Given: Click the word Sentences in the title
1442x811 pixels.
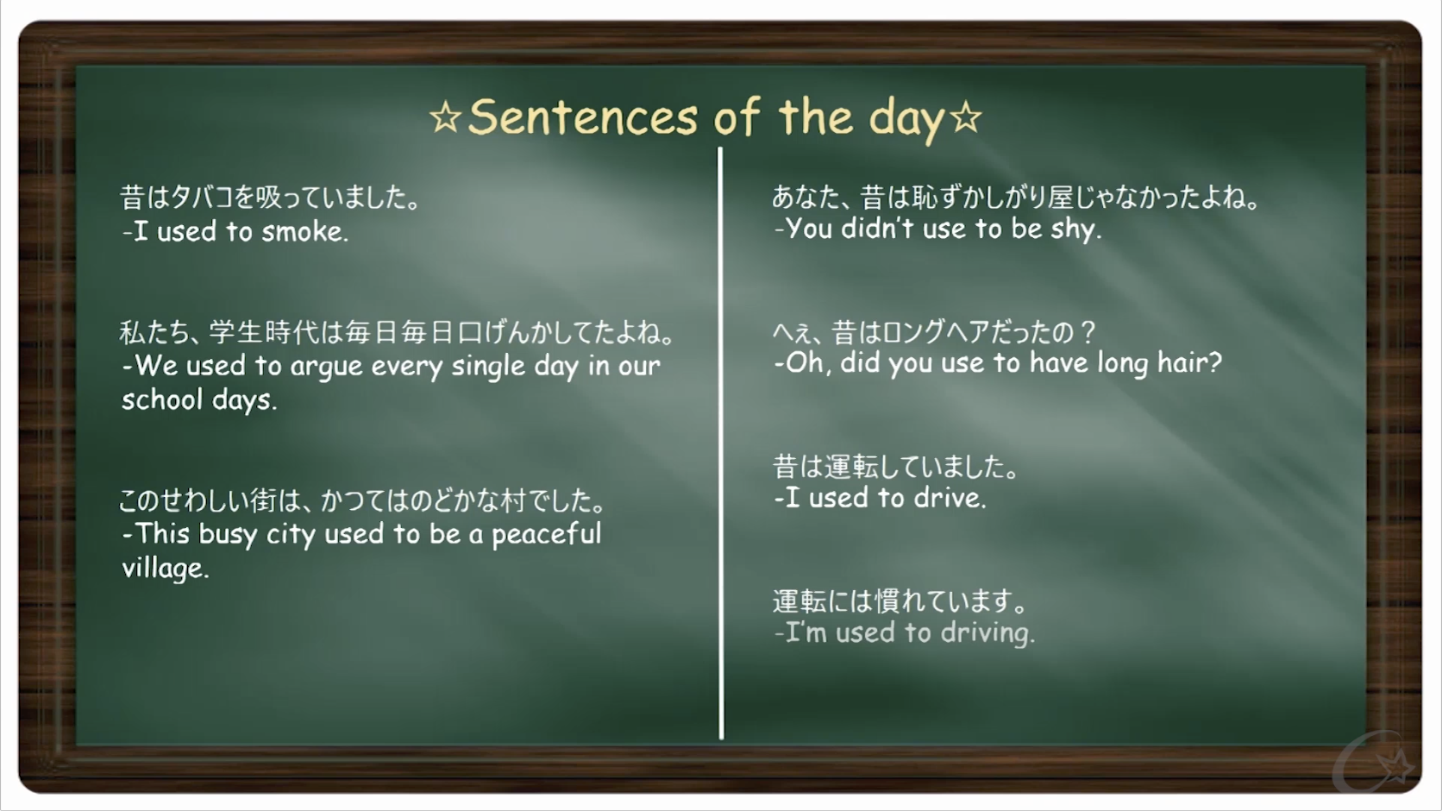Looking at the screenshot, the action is tap(583, 117).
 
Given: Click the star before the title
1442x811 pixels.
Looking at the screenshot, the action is tap(446, 118).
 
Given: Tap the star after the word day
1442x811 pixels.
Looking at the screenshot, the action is tap(966, 118).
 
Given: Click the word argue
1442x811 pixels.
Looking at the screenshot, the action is tap(326, 368).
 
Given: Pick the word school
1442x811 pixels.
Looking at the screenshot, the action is tap(162, 399).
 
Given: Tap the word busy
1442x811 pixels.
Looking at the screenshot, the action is tap(228, 535).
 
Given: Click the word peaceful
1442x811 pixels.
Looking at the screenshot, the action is tap(547, 535).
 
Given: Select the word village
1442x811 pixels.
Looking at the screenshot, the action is tap(166, 568).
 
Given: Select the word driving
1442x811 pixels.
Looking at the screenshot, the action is tap(987, 633).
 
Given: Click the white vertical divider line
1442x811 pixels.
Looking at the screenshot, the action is tap(720, 443).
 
